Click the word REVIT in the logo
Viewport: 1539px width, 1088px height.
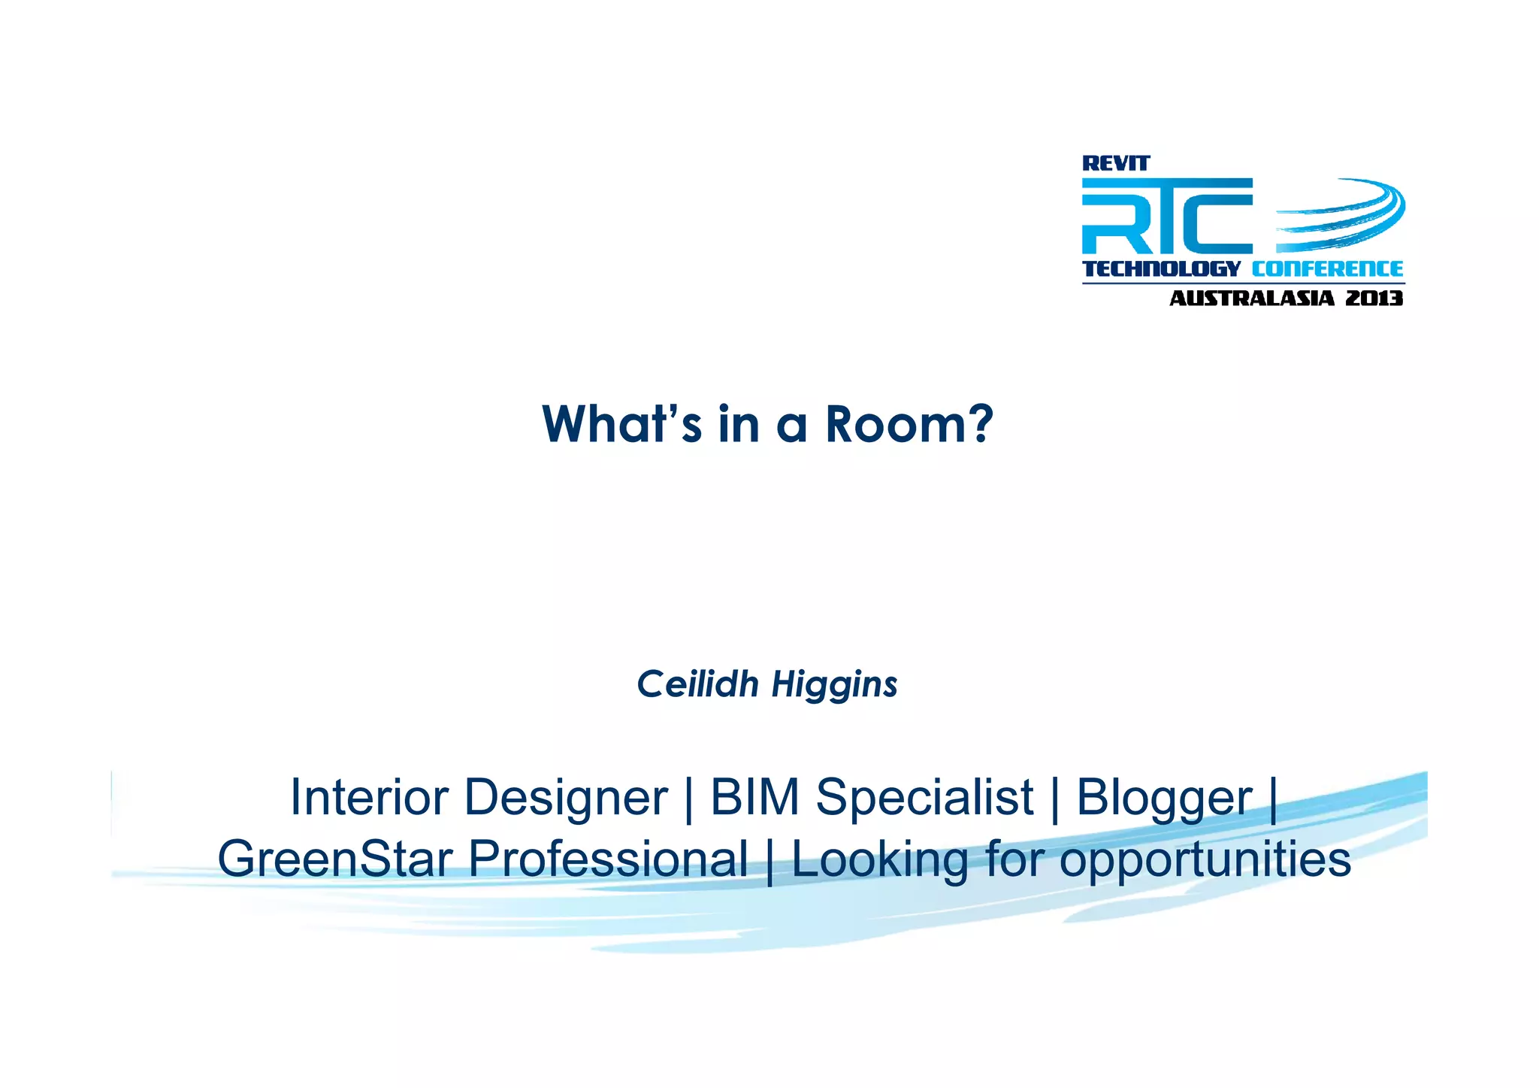pos(1115,163)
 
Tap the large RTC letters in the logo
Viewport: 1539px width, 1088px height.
pos(1166,217)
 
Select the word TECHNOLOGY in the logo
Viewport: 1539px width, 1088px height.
pos(1160,268)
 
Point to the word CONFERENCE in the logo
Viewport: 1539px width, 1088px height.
pos(1327,268)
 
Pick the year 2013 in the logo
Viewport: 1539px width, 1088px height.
pos(1374,299)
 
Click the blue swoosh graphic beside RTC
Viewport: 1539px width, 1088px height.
pos(1341,214)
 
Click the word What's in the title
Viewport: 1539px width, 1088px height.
pos(621,424)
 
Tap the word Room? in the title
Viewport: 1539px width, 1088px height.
pos(909,424)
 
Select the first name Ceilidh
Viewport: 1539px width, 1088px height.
pos(698,684)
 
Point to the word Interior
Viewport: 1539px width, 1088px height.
pos(369,797)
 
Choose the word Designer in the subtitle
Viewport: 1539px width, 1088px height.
pos(566,799)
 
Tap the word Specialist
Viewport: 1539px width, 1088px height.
pos(925,799)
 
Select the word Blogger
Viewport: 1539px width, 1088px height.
pos(1164,799)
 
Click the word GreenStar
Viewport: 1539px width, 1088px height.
pos(335,859)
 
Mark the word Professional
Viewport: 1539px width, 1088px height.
pos(608,859)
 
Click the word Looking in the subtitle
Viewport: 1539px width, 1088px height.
pos(880,860)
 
